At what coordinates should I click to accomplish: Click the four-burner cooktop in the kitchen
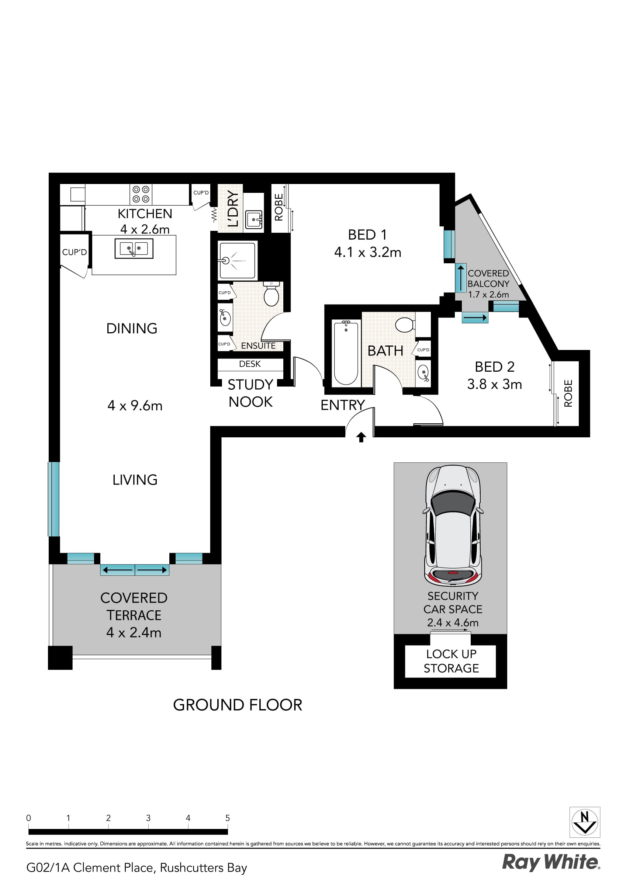[141, 194]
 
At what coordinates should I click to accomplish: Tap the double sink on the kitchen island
[134, 248]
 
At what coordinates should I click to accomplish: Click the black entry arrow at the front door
[361, 437]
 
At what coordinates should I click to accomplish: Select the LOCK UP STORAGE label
[451, 661]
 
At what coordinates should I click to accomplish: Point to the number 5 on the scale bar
[228, 818]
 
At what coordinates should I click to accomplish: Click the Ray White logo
[550, 862]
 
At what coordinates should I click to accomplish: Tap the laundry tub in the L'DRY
[254, 219]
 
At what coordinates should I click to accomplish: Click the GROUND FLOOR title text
[237, 705]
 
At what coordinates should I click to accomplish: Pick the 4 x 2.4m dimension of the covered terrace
[134, 632]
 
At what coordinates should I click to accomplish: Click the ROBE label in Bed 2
[568, 393]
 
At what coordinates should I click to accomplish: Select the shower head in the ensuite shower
[226, 261]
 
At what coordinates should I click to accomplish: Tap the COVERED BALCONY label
[488, 278]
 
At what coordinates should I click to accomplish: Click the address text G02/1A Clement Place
[136, 868]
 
